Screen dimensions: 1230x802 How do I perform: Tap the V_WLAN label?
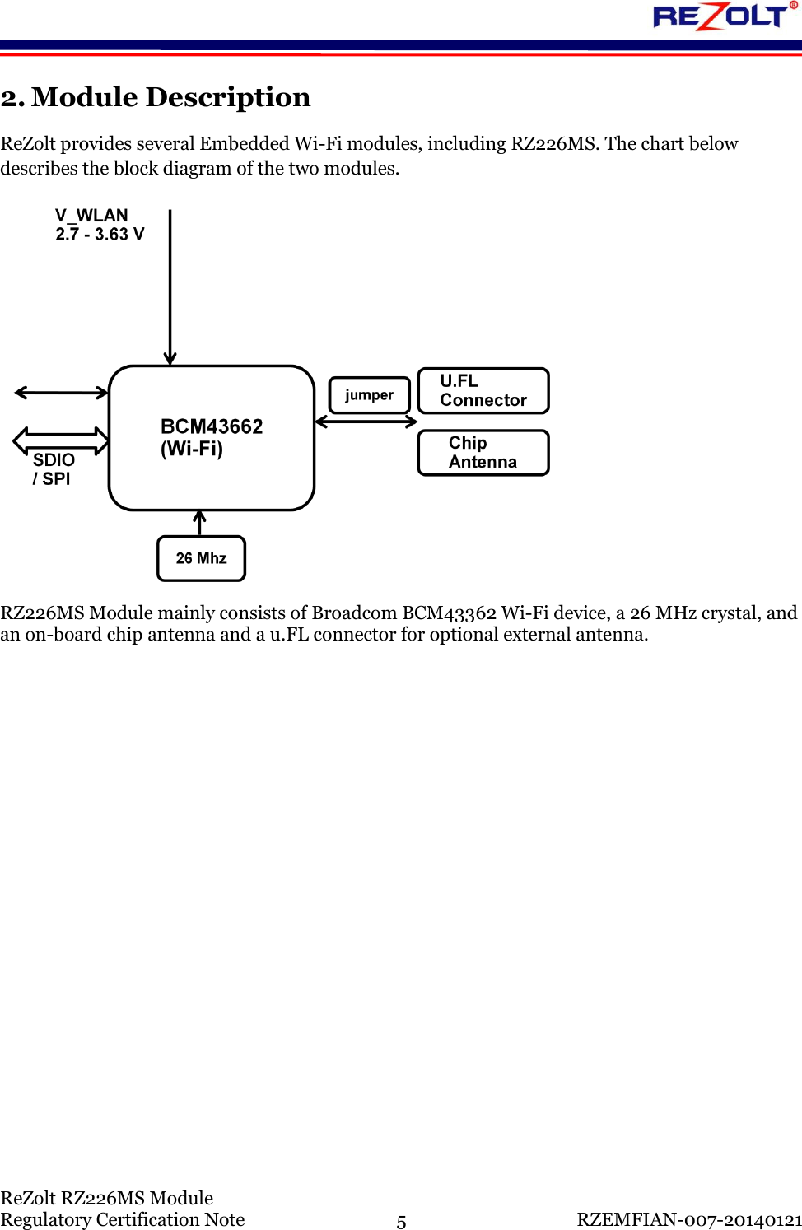(91, 216)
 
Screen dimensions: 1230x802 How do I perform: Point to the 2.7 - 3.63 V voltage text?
(100, 235)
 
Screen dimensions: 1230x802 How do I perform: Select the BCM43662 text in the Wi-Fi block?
(212, 426)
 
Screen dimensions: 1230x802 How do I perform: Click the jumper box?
(369, 395)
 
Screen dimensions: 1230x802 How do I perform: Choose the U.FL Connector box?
(483, 391)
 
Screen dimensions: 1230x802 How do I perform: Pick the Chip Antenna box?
(483, 453)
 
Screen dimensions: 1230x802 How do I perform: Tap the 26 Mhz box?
(202, 558)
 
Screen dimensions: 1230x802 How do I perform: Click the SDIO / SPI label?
(53, 469)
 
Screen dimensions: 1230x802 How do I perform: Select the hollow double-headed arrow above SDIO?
(61, 441)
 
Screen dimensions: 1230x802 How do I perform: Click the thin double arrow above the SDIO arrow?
(62, 393)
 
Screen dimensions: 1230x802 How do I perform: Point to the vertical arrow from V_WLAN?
(170, 288)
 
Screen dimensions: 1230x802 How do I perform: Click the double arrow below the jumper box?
(366, 422)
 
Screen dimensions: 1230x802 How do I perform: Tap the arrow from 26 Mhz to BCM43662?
(199, 523)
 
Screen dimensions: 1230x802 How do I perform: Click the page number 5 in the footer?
(401, 1222)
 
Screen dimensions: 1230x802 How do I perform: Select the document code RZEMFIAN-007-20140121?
(689, 1219)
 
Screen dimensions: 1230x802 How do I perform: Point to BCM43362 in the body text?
(449, 613)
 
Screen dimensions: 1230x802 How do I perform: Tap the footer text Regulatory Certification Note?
(123, 1219)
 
